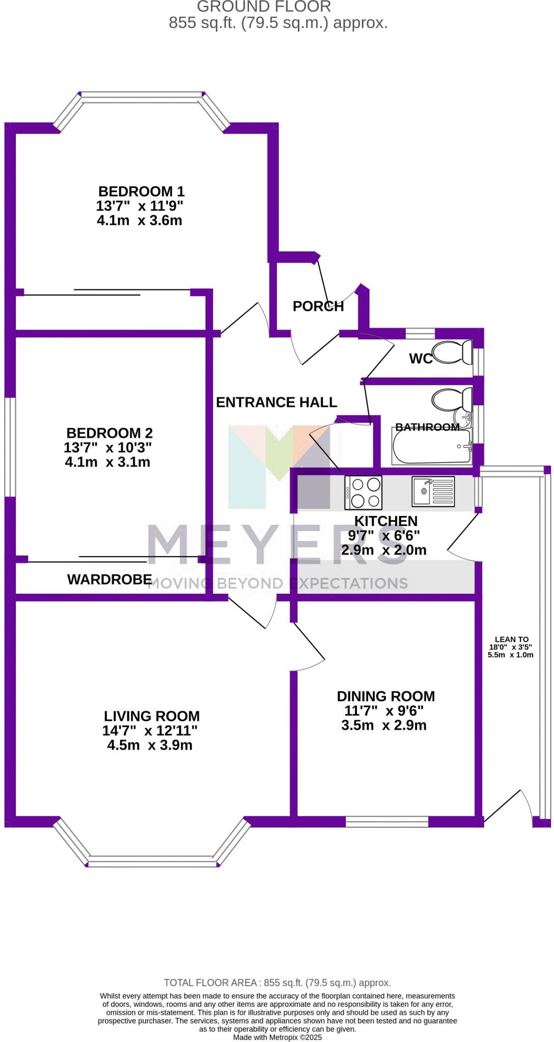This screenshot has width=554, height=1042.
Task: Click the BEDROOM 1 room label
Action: tap(141, 191)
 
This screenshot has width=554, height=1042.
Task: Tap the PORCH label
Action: tap(318, 306)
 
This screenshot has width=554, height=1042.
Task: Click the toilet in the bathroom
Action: tap(452, 398)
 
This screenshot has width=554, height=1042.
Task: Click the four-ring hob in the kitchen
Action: tap(363, 492)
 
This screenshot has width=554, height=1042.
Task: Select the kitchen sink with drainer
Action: tap(433, 492)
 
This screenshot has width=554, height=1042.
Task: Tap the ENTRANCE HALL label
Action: tap(276, 402)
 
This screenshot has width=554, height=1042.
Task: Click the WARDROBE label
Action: tap(109, 579)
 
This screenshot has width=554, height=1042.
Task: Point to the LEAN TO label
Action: tap(512, 640)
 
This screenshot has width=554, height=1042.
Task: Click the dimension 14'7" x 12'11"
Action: tap(150, 731)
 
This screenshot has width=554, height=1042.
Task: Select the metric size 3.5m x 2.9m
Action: tap(384, 725)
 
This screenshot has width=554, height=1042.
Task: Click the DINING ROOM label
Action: tap(386, 696)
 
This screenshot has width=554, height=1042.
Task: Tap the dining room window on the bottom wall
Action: tap(387, 821)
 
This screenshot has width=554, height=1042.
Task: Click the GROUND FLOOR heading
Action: tap(264, 7)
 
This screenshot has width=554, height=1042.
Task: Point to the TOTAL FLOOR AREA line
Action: tap(277, 983)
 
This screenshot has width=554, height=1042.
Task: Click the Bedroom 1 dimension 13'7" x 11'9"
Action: tap(140, 206)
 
